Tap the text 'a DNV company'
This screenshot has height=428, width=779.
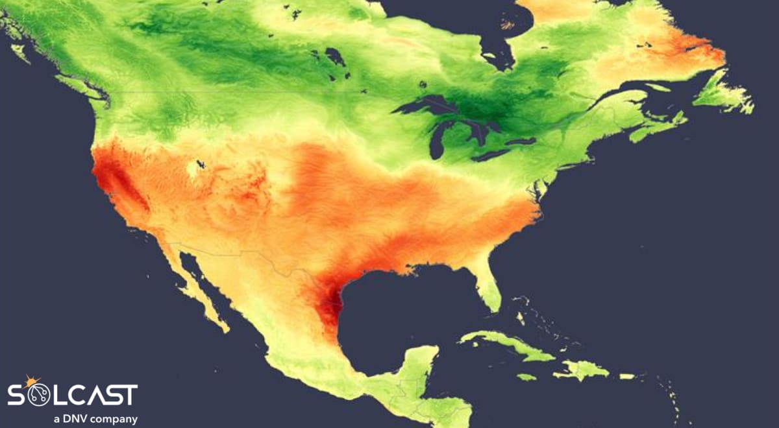95,419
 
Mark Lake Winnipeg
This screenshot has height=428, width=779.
335,58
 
